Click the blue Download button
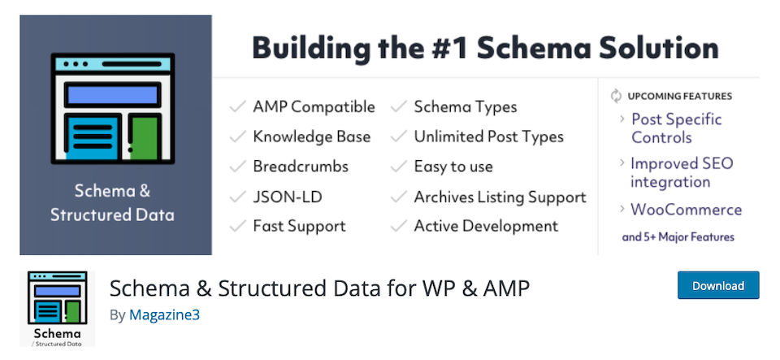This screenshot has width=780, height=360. pos(718,285)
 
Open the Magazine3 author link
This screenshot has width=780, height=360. pos(164,314)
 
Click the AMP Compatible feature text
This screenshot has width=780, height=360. pos(314,107)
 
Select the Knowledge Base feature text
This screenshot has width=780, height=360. pos(312,137)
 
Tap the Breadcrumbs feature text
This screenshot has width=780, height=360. pos(301,167)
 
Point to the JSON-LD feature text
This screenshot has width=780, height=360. pos(288,197)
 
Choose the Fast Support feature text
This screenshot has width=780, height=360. pos(300,226)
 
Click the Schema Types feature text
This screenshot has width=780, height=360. pos(466,107)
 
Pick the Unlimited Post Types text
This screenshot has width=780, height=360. pos(489,137)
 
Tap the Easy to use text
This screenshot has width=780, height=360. pos(453,167)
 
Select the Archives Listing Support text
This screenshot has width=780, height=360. pos(500,197)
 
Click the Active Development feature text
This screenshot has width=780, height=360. pos(487,226)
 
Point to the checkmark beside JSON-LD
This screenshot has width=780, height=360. pos(238,197)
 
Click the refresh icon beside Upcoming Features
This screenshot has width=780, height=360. pos(617,96)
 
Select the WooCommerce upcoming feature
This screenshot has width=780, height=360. pos(687,210)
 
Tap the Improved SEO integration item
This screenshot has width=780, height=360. pos(682,172)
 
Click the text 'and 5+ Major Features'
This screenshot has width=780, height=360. pos(678,237)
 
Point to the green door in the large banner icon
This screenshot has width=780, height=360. pos(145,137)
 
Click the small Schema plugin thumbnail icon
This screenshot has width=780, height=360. pos(57,309)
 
